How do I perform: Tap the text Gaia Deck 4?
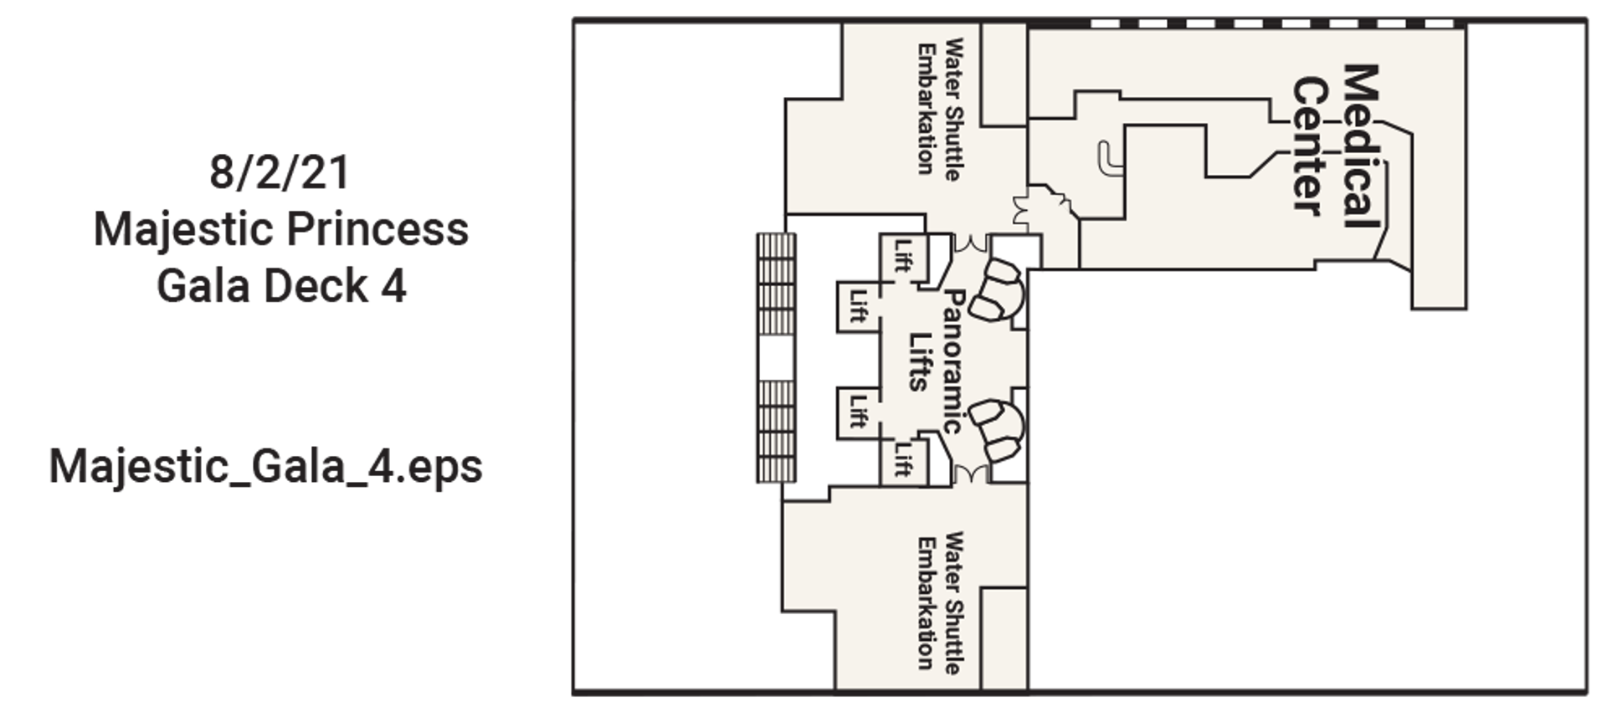point(281,285)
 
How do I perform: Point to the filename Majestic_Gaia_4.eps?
point(266,467)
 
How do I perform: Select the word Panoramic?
point(952,361)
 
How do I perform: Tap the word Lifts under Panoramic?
point(919,361)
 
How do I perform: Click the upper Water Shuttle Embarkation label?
point(938,109)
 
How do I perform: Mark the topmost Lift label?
point(902,255)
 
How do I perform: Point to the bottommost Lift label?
point(902,458)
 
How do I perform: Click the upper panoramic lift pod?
point(1003,289)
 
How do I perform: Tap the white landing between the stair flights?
point(776,358)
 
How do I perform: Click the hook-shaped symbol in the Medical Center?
point(1110,160)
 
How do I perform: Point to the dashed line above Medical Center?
point(1276,24)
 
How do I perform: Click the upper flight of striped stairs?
point(776,284)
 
